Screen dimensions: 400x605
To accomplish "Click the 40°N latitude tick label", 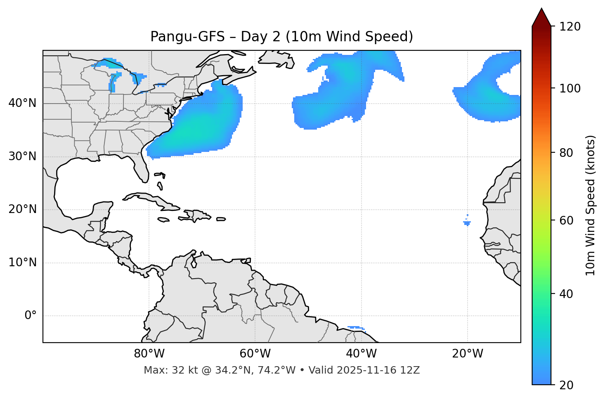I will click(x=22, y=103).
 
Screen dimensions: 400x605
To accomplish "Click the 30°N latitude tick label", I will click(x=22, y=156).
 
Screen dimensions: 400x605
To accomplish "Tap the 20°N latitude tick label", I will click(x=22, y=209).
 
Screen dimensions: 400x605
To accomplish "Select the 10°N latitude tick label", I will click(x=22, y=263).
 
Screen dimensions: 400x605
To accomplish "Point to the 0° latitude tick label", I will click(x=31, y=315).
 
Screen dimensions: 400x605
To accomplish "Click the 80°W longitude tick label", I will click(x=149, y=354).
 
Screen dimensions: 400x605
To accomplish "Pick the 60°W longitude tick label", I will click(x=255, y=354).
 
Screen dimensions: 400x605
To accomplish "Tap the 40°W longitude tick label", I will click(x=361, y=354).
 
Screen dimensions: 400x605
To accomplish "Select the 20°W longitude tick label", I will click(x=467, y=354).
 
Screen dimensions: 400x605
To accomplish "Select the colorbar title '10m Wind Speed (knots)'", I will click(x=591, y=205).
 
